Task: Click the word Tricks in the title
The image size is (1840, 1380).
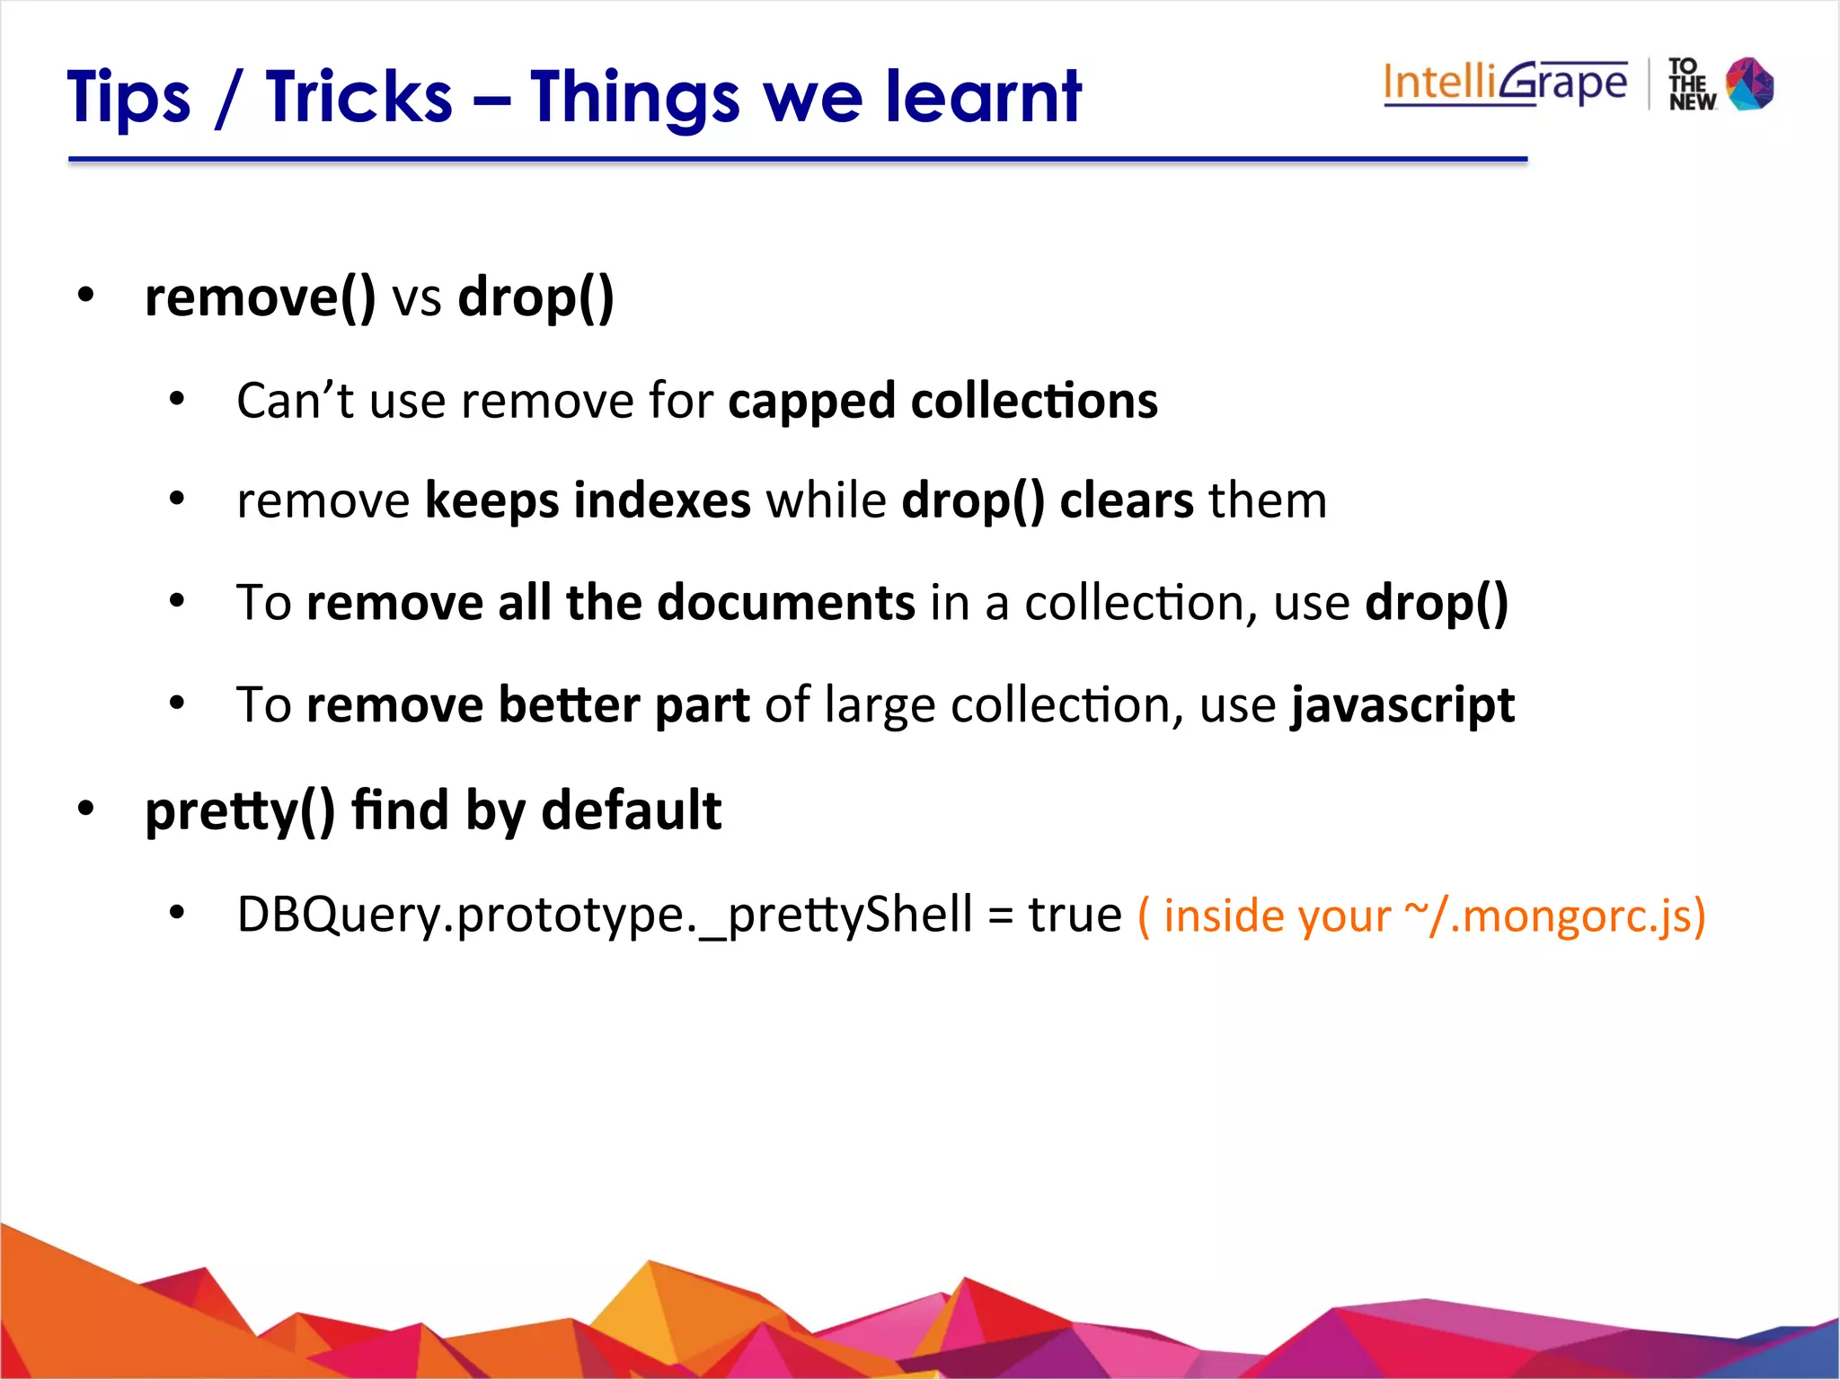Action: tap(358, 96)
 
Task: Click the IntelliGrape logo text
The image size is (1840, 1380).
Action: tap(1505, 84)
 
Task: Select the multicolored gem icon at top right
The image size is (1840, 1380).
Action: tap(1750, 84)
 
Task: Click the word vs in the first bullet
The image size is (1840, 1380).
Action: tap(417, 299)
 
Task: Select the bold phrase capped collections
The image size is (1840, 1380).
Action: tap(942, 401)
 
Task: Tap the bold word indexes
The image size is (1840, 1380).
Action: tap(662, 500)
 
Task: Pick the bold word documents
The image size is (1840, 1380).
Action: tap(786, 602)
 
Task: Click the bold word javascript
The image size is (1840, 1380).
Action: tap(1402, 705)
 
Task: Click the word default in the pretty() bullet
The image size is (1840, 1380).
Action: tap(631, 810)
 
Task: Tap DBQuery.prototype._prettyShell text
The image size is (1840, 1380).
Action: tap(604, 916)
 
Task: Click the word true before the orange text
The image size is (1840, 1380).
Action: tap(1075, 916)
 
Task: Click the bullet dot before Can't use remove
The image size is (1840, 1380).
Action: tap(177, 398)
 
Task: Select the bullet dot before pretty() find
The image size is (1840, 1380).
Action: tap(85, 809)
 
